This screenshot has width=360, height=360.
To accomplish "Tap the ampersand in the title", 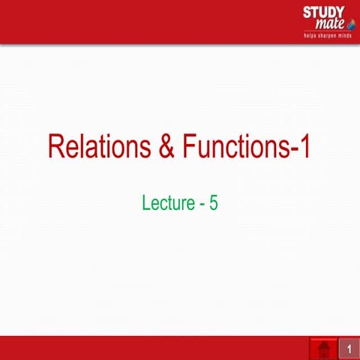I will coord(165,145).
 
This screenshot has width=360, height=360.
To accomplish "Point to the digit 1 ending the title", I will coord(304,145).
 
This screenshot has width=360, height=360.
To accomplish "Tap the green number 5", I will coord(214,202).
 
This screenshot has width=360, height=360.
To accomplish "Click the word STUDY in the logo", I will coord(323,12).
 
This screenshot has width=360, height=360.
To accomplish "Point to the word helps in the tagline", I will coord(309,35).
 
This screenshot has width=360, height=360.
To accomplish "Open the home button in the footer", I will coord(323,349).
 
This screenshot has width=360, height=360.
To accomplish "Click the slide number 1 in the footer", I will coord(349,349).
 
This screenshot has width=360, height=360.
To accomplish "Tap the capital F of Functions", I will coord(185,145).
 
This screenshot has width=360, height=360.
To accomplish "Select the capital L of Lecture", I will coord(145,202).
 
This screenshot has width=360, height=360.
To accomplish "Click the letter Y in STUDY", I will coord(340,12).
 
